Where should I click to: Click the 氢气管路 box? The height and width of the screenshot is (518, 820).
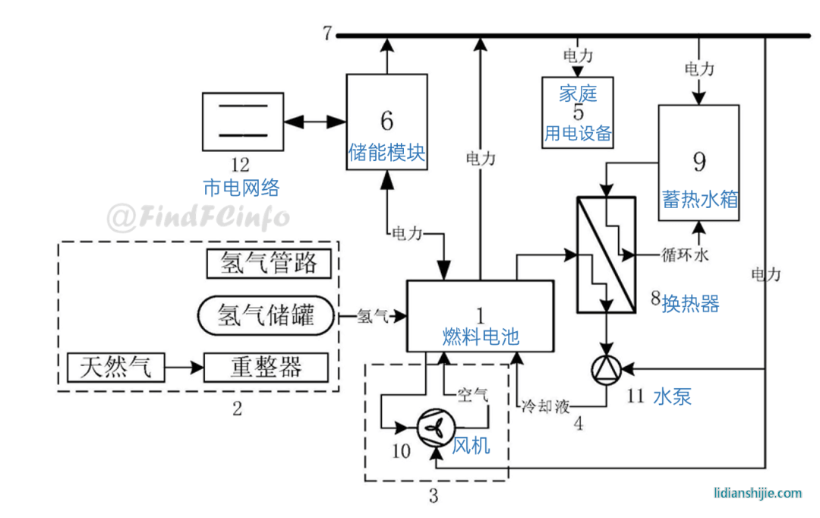(269, 264)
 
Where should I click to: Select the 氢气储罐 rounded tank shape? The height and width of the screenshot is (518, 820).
(266, 315)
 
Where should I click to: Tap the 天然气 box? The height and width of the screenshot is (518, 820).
(115, 367)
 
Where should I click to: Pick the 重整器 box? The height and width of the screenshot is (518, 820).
(266, 367)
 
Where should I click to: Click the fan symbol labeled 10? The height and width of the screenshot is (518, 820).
(436, 428)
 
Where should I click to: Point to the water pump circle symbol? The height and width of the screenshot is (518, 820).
(606, 369)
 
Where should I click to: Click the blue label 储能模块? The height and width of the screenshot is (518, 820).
(386, 152)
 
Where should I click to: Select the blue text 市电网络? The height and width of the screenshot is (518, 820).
(241, 188)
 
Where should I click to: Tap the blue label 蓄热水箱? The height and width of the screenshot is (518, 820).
(700, 199)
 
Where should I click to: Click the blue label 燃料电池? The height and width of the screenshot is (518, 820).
(481, 336)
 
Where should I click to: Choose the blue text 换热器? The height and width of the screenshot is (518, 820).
(690, 304)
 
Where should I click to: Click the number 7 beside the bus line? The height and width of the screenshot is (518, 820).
(327, 33)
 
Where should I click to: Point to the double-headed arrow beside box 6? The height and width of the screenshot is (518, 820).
(315, 122)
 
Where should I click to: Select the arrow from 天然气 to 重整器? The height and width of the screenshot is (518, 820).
(184, 368)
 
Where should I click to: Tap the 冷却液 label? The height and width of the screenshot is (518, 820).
(545, 406)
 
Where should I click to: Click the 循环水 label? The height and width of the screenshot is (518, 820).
(685, 254)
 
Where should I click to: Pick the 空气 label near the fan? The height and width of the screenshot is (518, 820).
(472, 394)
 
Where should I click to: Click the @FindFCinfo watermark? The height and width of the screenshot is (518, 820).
(198, 217)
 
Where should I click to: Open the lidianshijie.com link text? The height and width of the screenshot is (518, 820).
(758, 493)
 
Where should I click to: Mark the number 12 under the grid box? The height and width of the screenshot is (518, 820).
(240, 165)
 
